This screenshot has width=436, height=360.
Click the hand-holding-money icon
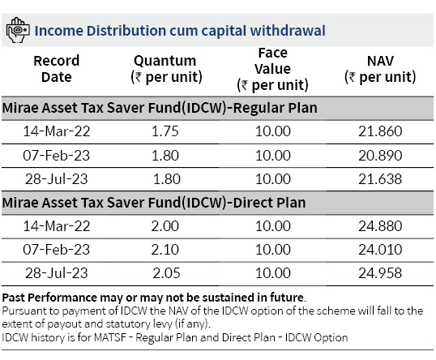click(x=18, y=30)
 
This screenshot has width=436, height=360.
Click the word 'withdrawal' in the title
click(x=288, y=31)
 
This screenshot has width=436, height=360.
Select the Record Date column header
click(x=57, y=69)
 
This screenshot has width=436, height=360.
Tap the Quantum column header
click(x=166, y=69)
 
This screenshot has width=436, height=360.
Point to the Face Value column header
click(x=272, y=69)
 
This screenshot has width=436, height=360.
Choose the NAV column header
click(x=380, y=69)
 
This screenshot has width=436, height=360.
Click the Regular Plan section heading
click(x=160, y=108)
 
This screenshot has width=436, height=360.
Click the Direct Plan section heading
click(x=154, y=203)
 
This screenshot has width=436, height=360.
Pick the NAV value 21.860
click(x=380, y=131)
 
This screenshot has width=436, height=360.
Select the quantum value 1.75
click(x=165, y=131)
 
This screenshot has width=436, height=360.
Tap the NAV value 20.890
click(x=380, y=156)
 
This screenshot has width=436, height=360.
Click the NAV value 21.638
click(x=380, y=179)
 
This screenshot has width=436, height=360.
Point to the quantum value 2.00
click(x=165, y=226)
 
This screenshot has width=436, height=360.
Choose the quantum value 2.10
click(x=165, y=250)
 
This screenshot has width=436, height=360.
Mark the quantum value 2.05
click(x=167, y=273)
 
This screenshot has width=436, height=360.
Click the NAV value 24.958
click(x=380, y=273)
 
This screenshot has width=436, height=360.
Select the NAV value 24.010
click(x=380, y=250)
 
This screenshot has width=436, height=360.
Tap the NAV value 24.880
click(x=380, y=226)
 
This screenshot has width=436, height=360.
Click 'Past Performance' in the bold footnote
click(x=49, y=298)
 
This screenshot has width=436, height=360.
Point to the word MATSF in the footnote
click(x=110, y=338)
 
